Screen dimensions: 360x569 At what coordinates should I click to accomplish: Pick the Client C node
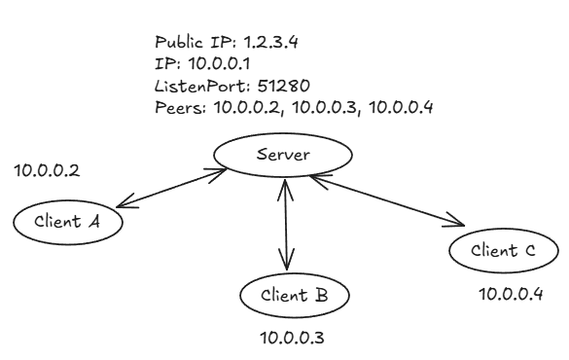coord(502,251)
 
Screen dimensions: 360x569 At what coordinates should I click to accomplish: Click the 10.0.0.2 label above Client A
coord(47,171)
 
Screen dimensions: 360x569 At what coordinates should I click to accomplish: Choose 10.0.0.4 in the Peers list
coord(399,107)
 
